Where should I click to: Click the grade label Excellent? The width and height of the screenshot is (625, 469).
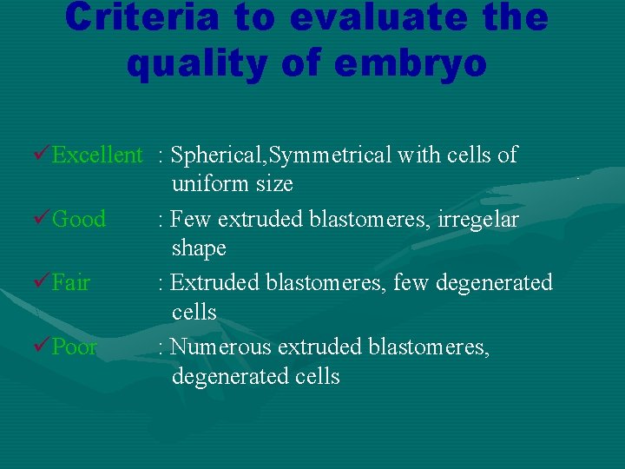(96, 155)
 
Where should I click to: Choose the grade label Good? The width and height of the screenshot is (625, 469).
(79, 219)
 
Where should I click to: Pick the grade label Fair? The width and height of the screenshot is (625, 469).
(71, 282)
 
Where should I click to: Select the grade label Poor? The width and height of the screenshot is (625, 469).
(75, 347)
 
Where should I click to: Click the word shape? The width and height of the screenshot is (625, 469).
(199, 249)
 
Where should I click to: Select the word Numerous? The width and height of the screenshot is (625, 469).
(218, 347)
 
